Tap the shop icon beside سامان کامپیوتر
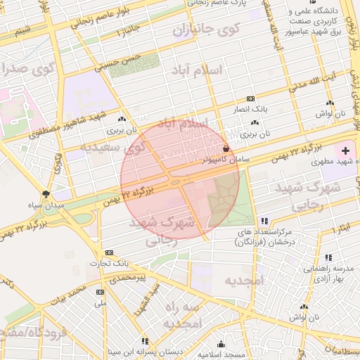point(225,148)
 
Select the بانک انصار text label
point(250,110)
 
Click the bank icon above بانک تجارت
point(109,252)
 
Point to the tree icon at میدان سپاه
point(46,193)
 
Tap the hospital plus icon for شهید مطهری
point(345,150)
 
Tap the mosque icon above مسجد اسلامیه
point(221,345)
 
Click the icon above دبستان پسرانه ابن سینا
point(145,341)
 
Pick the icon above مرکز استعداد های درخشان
point(264,221)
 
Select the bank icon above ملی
point(100,292)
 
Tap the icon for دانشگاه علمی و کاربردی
point(292,12)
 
